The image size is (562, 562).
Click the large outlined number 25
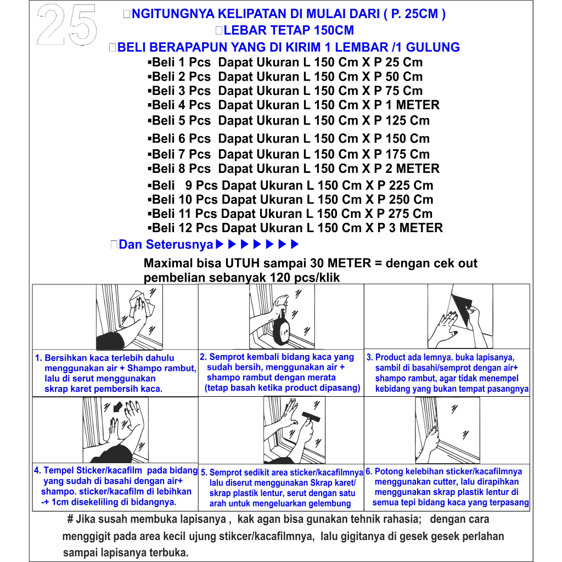pyautogui.click(x=67, y=25)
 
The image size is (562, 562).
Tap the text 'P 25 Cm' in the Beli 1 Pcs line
pyautogui.click(x=398, y=63)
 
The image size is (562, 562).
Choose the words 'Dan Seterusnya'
pyautogui.click(x=166, y=244)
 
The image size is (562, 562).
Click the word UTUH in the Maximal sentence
pyautogui.click(x=242, y=263)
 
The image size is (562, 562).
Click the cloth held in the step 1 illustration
pyautogui.click(x=143, y=304)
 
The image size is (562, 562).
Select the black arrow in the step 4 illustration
pyautogui.click(x=117, y=407)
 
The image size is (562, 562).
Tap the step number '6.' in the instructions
pyautogui.click(x=369, y=471)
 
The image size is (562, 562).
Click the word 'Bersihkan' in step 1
pyautogui.click(x=66, y=358)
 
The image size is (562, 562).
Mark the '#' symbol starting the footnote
pyautogui.click(x=70, y=519)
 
